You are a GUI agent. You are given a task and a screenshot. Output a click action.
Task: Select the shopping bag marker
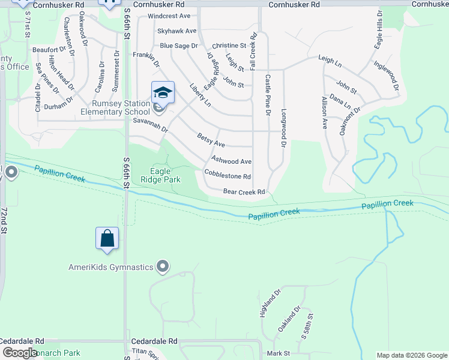pyautogui.click(x=107, y=238)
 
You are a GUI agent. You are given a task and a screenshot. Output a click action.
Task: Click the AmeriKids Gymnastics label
pyautogui.click(x=111, y=267)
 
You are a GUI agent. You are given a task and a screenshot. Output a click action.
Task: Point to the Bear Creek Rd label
pyautogui.click(x=244, y=192)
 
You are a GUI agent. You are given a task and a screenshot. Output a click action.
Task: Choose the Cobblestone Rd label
pyautogui.click(x=227, y=176)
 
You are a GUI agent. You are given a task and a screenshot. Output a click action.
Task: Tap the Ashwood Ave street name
pyautogui.click(x=231, y=161)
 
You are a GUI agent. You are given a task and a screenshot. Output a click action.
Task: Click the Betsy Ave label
pyautogui.click(x=211, y=140)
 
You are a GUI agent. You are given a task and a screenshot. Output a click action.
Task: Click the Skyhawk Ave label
pyautogui.click(x=176, y=31)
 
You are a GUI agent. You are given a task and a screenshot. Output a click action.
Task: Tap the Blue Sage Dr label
pyautogui.click(x=178, y=46)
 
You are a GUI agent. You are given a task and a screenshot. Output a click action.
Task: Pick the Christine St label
pyautogui.click(x=229, y=46)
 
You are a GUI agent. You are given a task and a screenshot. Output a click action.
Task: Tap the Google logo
pyautogui.click(x=20, y=353)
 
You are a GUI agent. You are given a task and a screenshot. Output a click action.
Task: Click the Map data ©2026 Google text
pyautogui.click(x=411, y=355)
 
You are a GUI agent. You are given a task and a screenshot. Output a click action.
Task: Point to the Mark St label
pyautogui.click(x=279, y=353)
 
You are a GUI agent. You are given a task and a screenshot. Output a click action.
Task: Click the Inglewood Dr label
pyautogui.click(x=386, y=76)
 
